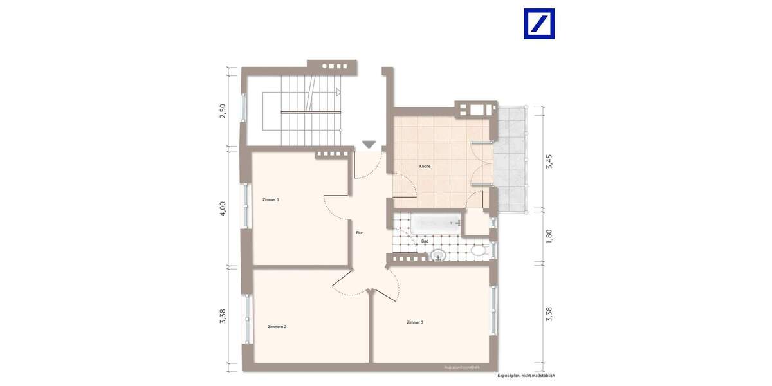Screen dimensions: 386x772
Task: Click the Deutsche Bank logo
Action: (x=539, y=24)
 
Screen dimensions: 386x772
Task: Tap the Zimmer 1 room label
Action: (x=270, y=200)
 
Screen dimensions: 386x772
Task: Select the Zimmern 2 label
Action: (x=277, y=327)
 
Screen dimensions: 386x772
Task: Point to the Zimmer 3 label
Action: (x=415, y=322)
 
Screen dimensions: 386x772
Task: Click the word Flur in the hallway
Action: (x=360, y=233)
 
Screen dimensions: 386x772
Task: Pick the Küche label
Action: (x=425, y=167)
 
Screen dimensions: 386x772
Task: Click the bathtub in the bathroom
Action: (x=437, y=224)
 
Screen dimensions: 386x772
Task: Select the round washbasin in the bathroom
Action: (x=437, y=255)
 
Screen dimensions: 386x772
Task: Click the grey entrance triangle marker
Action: (x=368, y=144)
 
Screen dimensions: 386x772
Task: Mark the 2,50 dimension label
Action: (x=223, y=110)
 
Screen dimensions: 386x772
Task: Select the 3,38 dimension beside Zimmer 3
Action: (x=549, y=313)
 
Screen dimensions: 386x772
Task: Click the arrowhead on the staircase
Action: (x=336, y=93)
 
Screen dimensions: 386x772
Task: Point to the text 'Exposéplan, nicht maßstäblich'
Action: (x=526, y=375)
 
